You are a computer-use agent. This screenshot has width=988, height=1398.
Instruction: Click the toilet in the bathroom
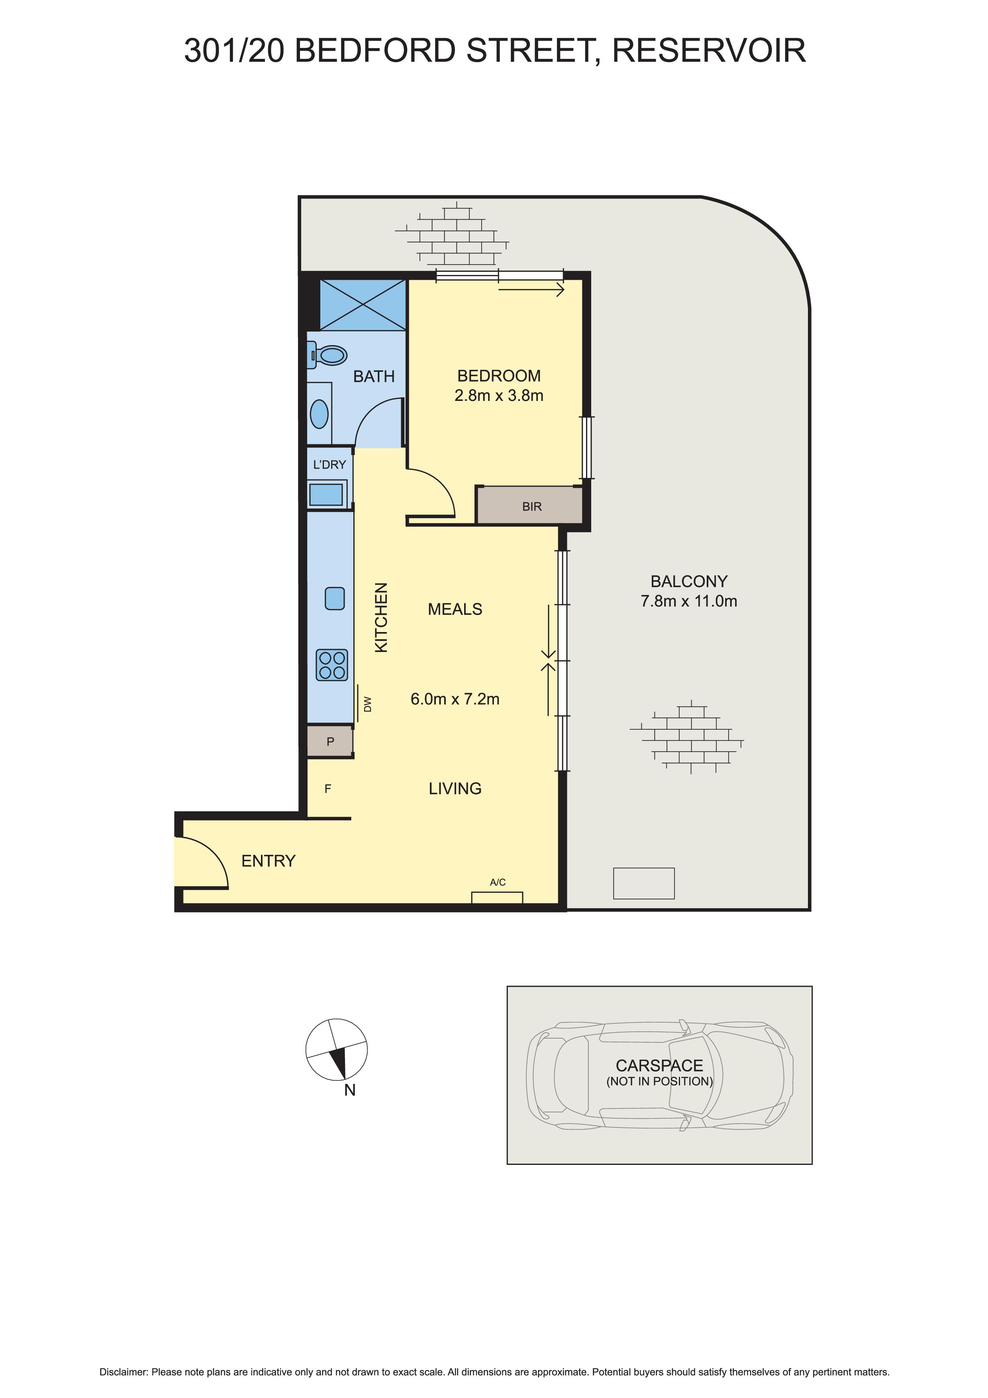point(327,355)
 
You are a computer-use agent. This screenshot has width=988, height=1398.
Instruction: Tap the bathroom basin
point(319,414)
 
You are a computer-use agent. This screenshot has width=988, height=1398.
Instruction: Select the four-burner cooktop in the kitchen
point(332,664)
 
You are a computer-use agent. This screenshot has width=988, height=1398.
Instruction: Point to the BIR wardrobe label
point(531,507)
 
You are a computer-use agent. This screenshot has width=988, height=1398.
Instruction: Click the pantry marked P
point(330,742)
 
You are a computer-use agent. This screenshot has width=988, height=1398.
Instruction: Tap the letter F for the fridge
point(327,789)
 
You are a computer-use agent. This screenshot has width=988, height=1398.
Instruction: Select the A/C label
point(497,882)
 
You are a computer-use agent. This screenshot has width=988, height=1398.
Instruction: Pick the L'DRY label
point(329,465)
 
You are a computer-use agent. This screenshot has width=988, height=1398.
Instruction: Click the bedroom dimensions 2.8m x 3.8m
point(498,396)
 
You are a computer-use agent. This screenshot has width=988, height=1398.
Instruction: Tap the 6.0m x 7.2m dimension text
point(455,699)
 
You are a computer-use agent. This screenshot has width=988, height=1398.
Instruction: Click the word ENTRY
point(269,861)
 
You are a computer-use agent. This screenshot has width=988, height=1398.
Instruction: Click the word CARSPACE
point(659,1066)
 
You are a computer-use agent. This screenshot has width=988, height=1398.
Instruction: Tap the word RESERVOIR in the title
point(709,51)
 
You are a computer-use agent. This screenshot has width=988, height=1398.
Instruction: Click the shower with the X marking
point(363,304)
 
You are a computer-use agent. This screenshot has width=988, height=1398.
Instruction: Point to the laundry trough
point(326,494)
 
